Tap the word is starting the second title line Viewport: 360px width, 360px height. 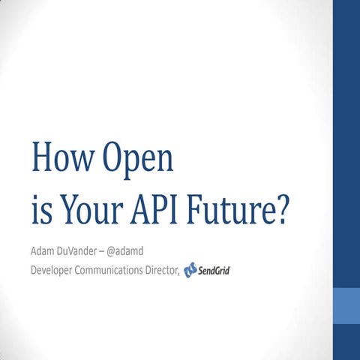pos(39,212)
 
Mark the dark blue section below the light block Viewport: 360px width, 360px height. pos(346,342)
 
